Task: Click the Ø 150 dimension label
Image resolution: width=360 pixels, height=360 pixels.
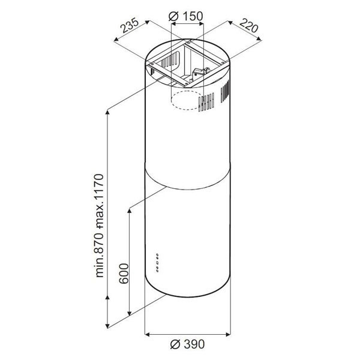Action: pos(186,16)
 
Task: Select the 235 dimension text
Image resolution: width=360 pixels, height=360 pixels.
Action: pos(130,25)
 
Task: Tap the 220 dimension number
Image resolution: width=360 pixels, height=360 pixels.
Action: pos(249,25)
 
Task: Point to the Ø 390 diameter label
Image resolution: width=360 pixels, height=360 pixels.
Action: pos(187,344)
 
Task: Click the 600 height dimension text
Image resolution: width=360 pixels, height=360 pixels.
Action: pos(124,274)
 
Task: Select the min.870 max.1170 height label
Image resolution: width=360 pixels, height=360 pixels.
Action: pos(100,226)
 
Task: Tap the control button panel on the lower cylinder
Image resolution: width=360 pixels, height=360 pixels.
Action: pos(157,263)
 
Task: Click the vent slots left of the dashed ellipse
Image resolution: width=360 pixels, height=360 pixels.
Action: pos(206,102)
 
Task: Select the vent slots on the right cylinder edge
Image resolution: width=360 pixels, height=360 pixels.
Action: pos(225,91)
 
